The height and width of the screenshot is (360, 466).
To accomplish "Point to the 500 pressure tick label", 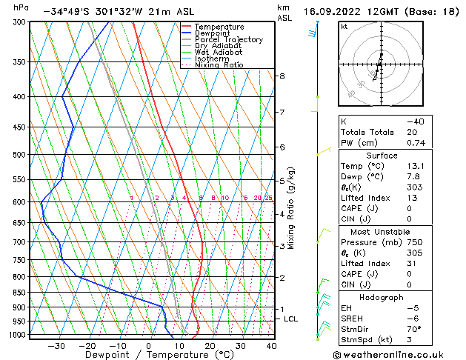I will point(19,154).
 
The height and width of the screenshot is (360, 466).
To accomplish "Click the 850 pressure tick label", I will point(19,293).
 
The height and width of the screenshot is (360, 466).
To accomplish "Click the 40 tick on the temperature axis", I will point(271,345).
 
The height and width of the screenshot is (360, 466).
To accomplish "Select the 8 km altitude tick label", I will point(282,76).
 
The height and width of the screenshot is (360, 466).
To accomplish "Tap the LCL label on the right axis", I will point(290,319).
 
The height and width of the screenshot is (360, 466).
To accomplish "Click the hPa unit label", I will point(21,7).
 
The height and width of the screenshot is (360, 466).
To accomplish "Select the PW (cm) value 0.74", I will point(414,143).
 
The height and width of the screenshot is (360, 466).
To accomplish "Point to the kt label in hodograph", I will point(344,27).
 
